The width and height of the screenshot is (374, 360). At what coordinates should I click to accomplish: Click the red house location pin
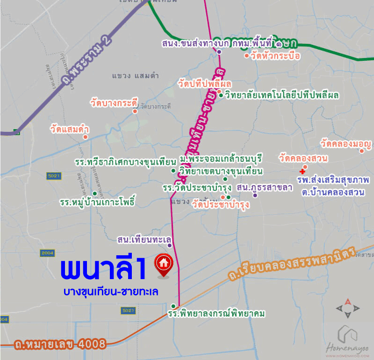coord(164,263)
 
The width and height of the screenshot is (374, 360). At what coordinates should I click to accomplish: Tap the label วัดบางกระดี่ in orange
coord(115,101)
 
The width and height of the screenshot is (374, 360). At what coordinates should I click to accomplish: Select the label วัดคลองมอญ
coord(346,144)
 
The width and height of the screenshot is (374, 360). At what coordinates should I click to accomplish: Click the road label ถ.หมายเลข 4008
coord(61,344)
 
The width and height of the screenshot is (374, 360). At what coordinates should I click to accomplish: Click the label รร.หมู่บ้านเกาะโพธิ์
coord(97,203)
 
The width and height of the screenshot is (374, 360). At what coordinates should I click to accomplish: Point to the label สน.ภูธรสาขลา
coord(264,187)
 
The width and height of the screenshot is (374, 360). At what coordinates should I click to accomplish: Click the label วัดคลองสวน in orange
coord(303,158)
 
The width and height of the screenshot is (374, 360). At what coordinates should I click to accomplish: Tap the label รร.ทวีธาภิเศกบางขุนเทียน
coord(125,161)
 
